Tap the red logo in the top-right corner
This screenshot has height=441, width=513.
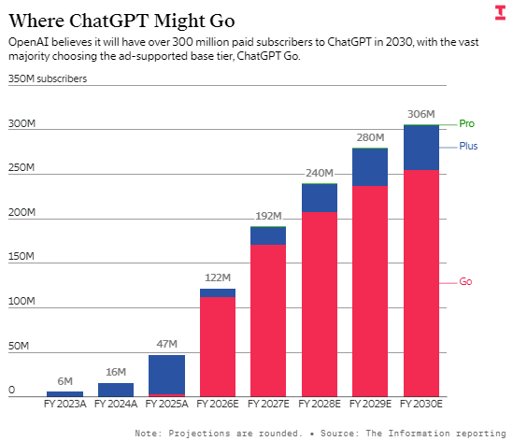point(499,12)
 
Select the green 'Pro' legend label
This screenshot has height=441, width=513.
point(467,123)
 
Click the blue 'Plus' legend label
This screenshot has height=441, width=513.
point(468,146)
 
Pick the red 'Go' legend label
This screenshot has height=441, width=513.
point(465,281)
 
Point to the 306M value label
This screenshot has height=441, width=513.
point(420,114)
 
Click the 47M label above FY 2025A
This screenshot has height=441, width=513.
point(166,345)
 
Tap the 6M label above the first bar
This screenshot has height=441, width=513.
point(64,381)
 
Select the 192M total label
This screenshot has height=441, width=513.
point(267,216)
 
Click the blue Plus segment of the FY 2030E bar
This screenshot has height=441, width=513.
point(420,148)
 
